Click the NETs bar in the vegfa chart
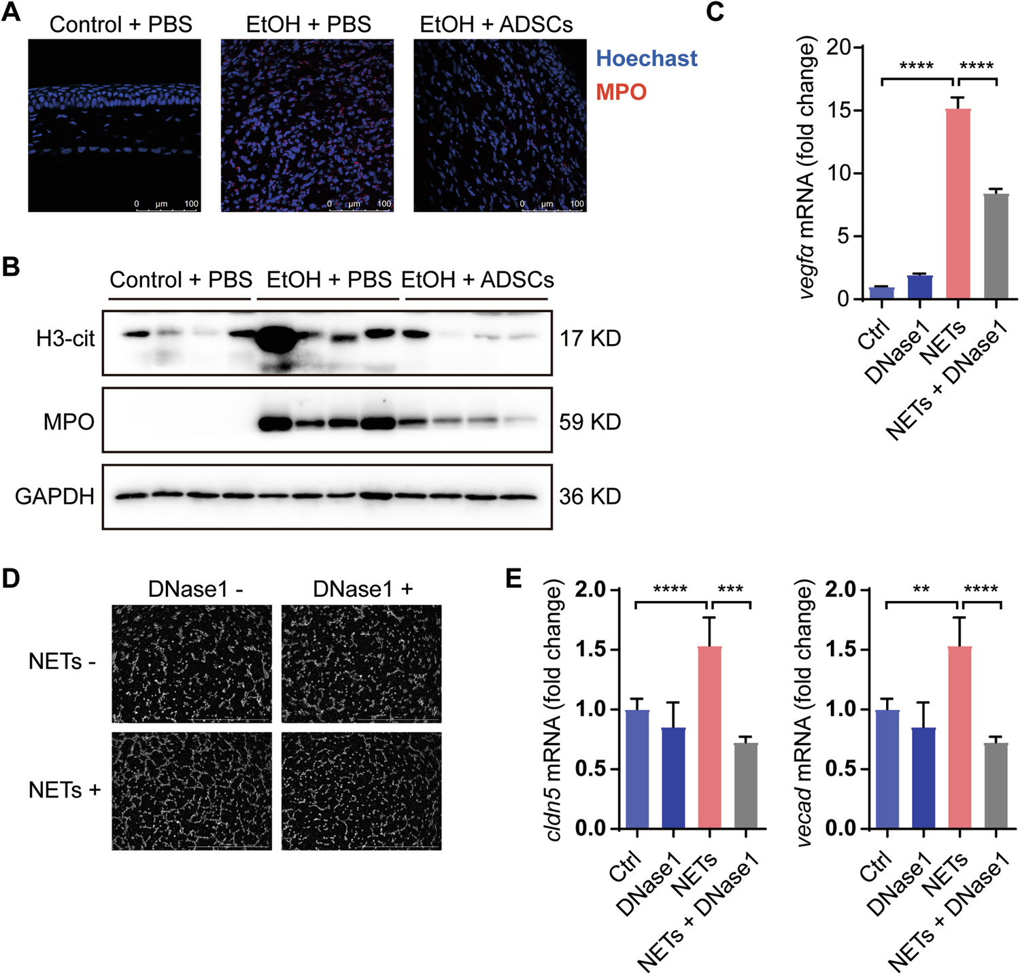958,204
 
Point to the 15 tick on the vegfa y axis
837,110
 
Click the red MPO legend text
621,92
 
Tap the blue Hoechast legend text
646,58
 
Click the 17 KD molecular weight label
590,339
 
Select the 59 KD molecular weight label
590,422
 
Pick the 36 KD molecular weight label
590,497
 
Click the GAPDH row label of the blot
54,497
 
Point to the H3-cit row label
65,339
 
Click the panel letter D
12,578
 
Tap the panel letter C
715,12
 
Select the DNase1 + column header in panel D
362,589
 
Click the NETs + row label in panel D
65,790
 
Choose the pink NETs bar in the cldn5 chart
709,738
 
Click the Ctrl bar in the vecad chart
887,769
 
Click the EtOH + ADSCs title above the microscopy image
496,24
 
